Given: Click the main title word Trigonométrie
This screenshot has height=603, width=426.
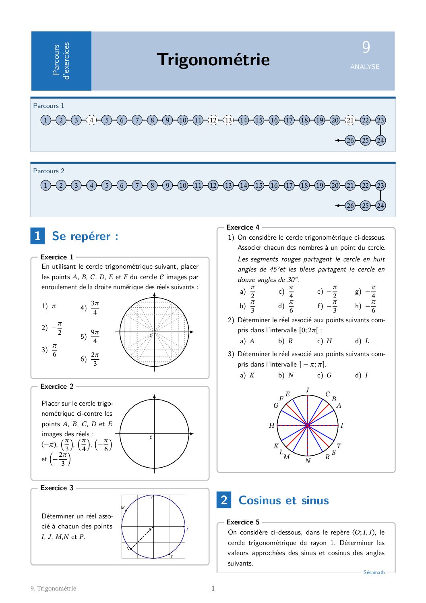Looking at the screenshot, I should (x=213, y=60).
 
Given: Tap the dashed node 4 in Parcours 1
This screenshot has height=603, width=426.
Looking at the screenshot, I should (x=91, y=120).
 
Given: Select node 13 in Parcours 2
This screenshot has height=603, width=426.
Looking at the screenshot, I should (x=228, y=185).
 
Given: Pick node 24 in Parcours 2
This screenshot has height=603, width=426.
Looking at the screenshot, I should (x=380, y=205).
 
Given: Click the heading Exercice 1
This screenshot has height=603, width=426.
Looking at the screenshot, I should (x=57, y=257).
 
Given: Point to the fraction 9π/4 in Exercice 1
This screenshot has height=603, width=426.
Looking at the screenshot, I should (x=95, y=336).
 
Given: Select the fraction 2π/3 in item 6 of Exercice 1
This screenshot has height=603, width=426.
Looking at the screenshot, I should (x=95, y=359).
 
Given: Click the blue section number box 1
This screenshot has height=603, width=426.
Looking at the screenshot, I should (x=37, y=236).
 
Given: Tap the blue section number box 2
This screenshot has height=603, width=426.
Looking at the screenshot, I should (x=224, y=500).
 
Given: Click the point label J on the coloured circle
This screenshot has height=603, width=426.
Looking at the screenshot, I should (x=308, y=390).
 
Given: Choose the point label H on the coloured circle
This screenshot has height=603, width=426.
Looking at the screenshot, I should (x=272, y=425).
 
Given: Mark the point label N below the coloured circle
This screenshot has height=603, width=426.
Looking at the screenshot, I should (x=308, y=461).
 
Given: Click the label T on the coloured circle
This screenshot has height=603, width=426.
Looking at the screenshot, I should (x=339, y=446).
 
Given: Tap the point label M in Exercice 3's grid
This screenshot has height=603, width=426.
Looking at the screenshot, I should (x=123, y=508).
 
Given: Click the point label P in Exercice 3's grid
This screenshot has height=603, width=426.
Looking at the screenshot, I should (x=172, y=557).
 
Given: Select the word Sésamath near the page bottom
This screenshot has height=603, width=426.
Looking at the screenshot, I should (x=374, y=572).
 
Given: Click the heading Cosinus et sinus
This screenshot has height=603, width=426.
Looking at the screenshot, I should (x=283, y=500).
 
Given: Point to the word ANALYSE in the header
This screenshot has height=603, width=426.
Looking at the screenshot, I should (x=365, y=67).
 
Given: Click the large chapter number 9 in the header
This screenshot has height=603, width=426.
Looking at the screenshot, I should (x=366, y=48).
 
